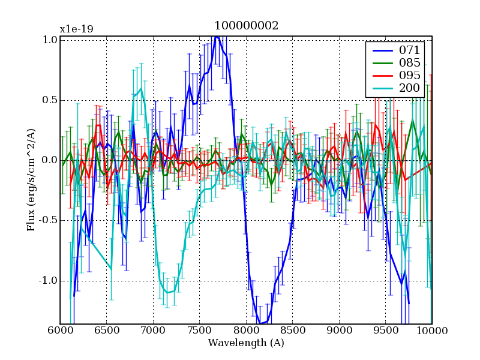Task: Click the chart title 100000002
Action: pyautogui.click(x=246, y=26)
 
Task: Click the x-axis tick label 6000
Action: pyautogui.click(x=60, y=331)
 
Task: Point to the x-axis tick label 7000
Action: pyautogui.click(x=153, y=331)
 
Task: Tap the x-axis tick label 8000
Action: pyautogui.click(x=246, y=331)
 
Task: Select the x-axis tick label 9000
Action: pyautogui.click(x=339, y=331)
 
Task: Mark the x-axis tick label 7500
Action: pyautogui.click(x=200, y=331)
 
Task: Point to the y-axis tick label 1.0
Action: pyautogui.click(x=50, y=40)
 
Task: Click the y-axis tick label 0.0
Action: pyautogui.click(x=50, y=160)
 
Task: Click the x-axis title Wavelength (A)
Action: pyautogui.click(x=246, y=343)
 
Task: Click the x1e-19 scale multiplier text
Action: pyautogui.click(x=76, y=29)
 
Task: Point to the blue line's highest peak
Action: pyautogui.click(x=216, y=37)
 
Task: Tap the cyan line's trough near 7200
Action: pyautogui.click(x=167, y=292)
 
